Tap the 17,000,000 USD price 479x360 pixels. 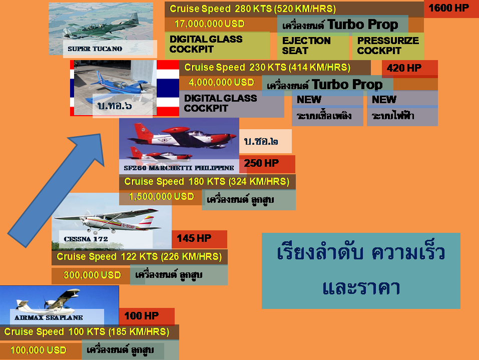coord(209,24)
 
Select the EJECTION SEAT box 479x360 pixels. coord(306,46)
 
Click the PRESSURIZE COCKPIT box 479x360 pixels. coord(388,46)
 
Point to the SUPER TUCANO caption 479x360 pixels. coord(95,49)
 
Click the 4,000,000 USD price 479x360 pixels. coord(221,82)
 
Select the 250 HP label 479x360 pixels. coord(261,163)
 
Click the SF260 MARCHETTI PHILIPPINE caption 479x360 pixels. coord(179,168)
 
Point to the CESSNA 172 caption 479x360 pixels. coord(86,239)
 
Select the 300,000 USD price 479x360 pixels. coord(92,275)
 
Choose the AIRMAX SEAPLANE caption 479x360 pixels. coord(49,317)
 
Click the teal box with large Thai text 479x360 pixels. coord(361,270)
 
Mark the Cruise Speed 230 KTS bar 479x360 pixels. coord(268,68)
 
